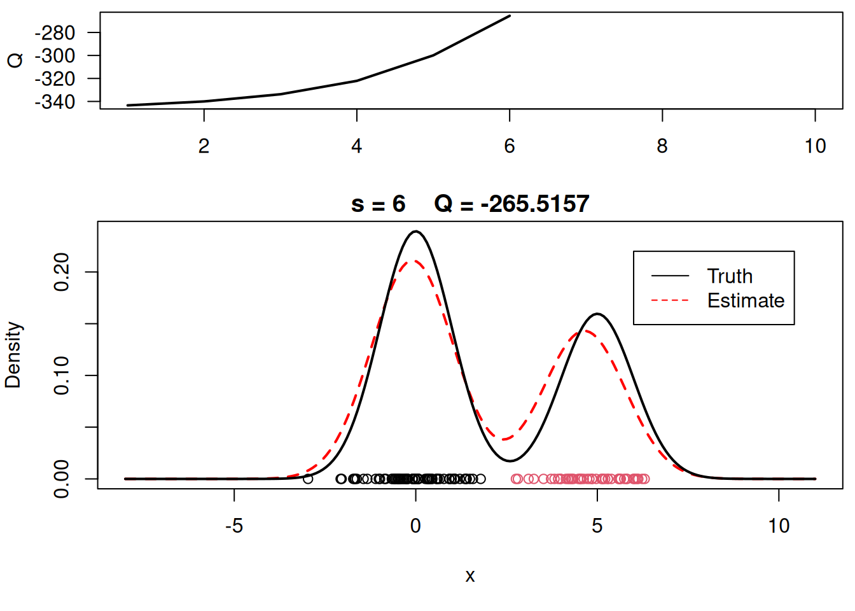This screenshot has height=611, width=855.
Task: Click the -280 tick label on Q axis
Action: (x=55, y=33)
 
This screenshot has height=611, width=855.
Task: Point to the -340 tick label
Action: (x=55, y=102)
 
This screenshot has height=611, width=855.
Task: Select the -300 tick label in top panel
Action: (x=55, y=56)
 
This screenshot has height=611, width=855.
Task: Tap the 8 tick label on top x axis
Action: (x=662, y=146)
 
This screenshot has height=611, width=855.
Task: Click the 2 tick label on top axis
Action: (x=204, y=146)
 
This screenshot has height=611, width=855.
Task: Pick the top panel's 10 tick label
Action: (x=815, y=146)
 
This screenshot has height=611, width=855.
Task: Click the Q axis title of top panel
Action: (x=15, y=60)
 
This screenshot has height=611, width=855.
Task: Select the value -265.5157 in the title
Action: (x=535, y=204)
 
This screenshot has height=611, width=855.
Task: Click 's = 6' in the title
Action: (x=378, y=204)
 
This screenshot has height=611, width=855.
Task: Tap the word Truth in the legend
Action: (x=730, y=276)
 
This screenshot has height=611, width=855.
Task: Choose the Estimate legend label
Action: (x=746, y=300)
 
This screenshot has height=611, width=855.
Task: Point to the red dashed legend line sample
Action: (x=670, y=300)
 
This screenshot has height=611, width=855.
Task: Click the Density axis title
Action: (x=13, y=355)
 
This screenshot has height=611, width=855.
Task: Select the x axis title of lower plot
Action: (x=470, y=577)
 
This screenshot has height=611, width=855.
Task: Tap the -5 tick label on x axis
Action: (x=233, y=526)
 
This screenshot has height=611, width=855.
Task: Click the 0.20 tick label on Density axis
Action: (x=62, y=272)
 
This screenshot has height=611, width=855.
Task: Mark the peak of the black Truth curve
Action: (x=415, y=232)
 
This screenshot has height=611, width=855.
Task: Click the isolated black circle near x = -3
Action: (x=308, y=479)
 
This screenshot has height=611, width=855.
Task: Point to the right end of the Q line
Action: (x=510, y=16)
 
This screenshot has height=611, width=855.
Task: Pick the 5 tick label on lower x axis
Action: (x=597, y=526)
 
